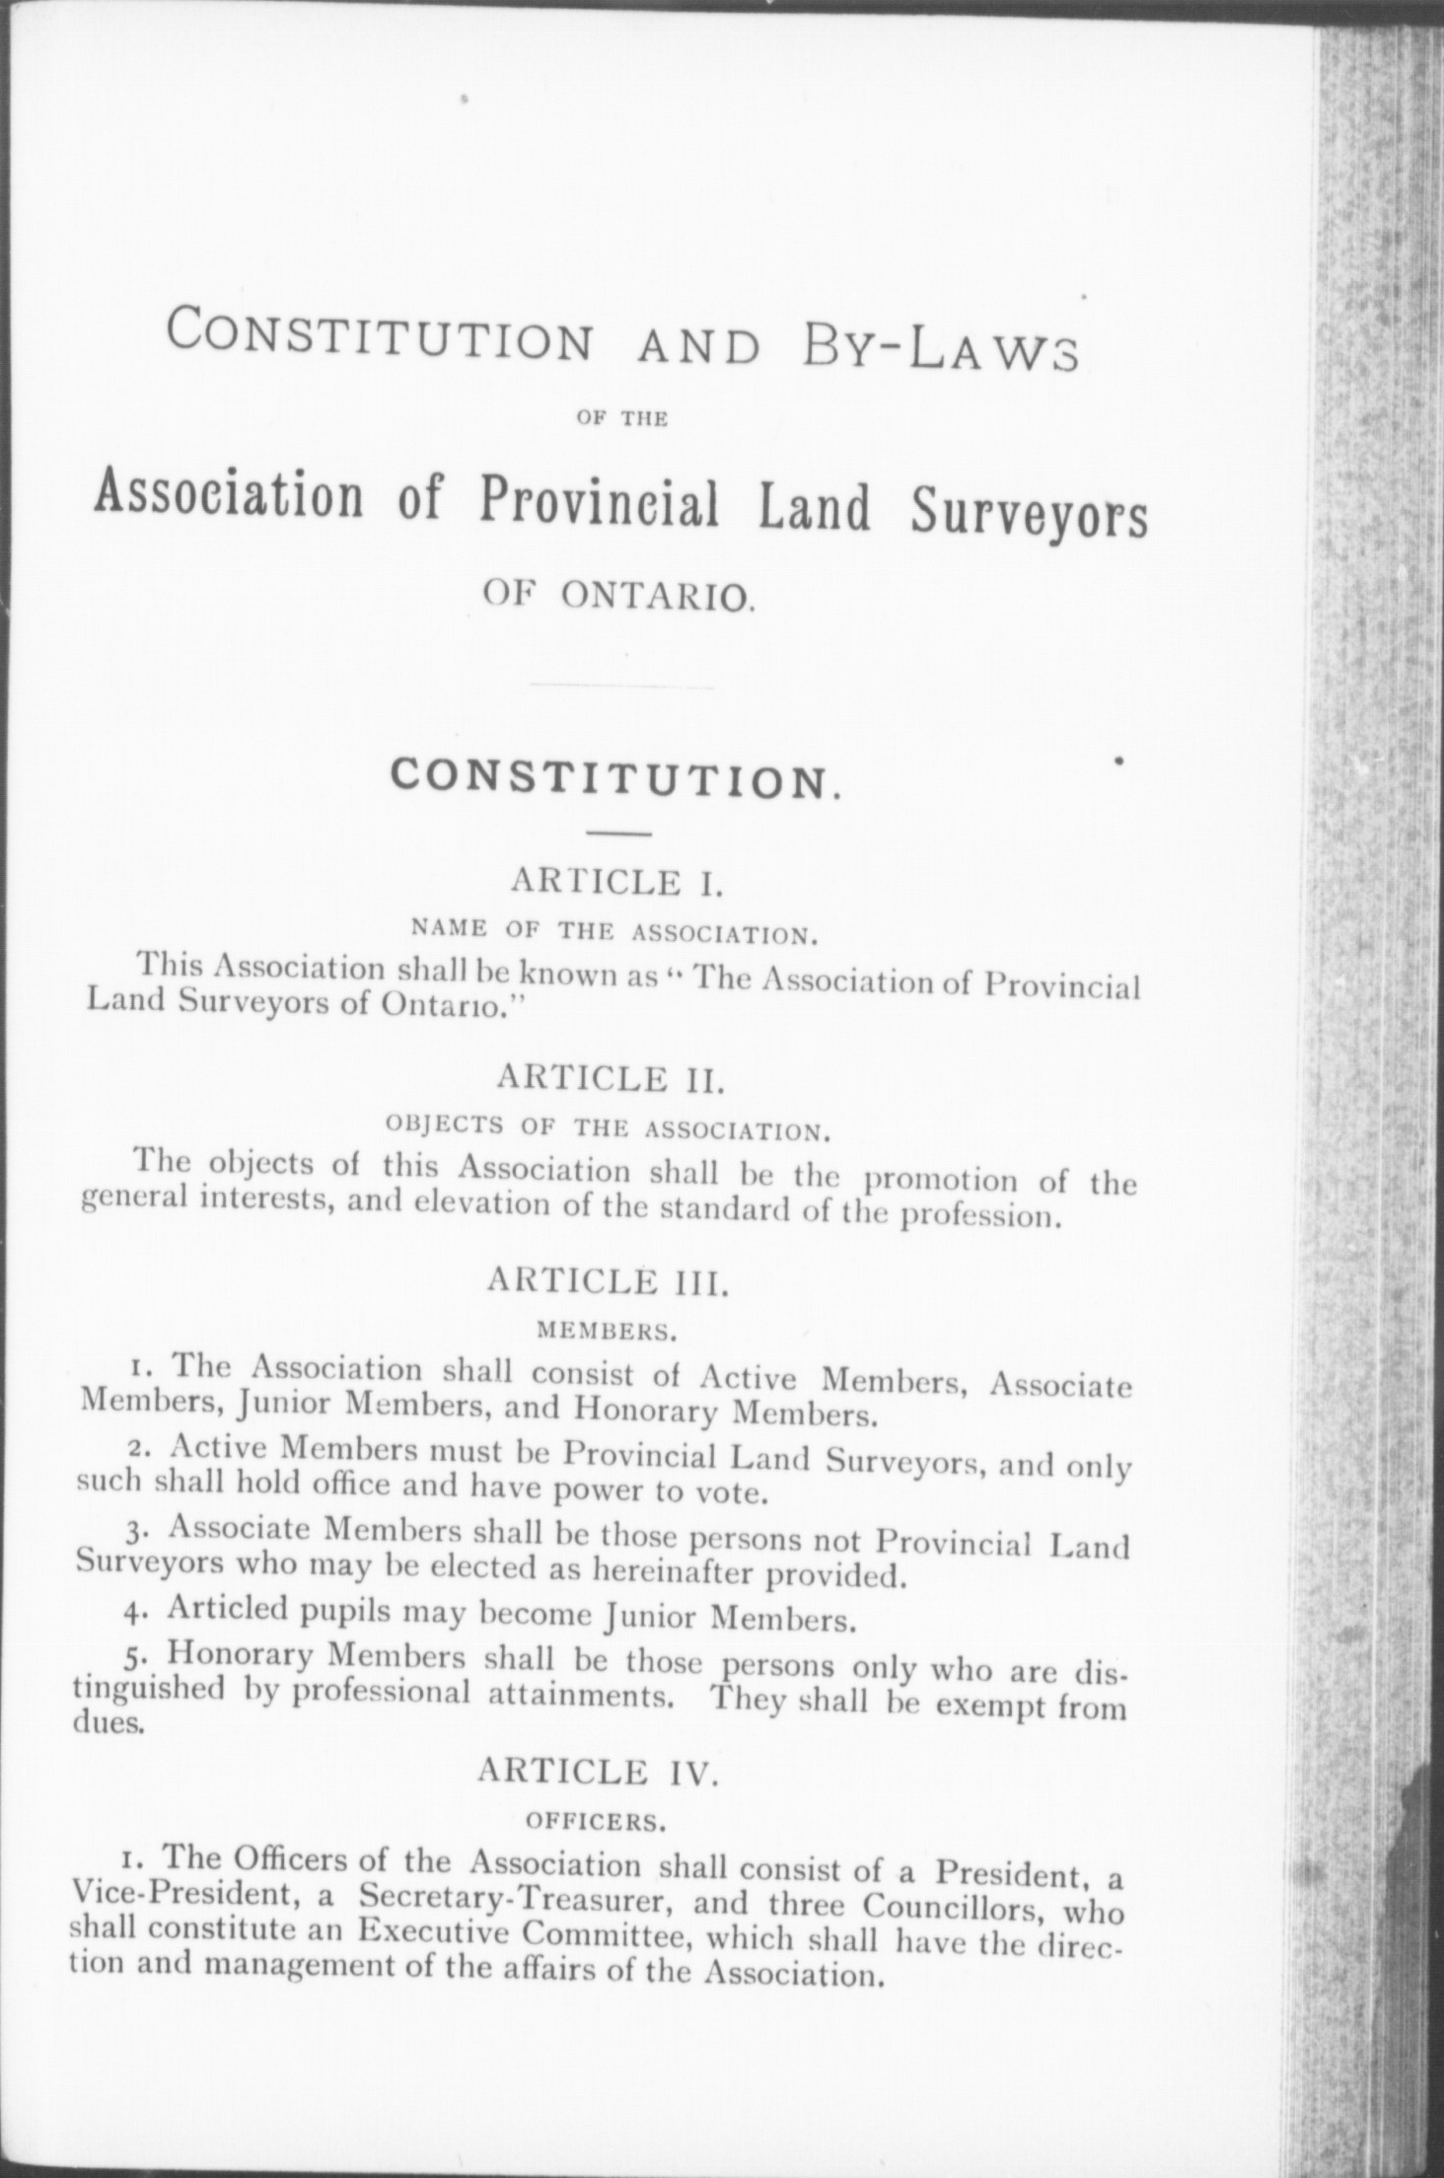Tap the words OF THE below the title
pyautogui.click(x=621, y=419)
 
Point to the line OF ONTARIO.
pyautogui.click(x=619, y=597)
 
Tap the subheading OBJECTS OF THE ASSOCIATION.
pyautogui.click(x=611, y=1127)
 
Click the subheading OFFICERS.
pyautogui.click(x=592, y=1821)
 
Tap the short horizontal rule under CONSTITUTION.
pyautogui.click(x=618, y=836)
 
